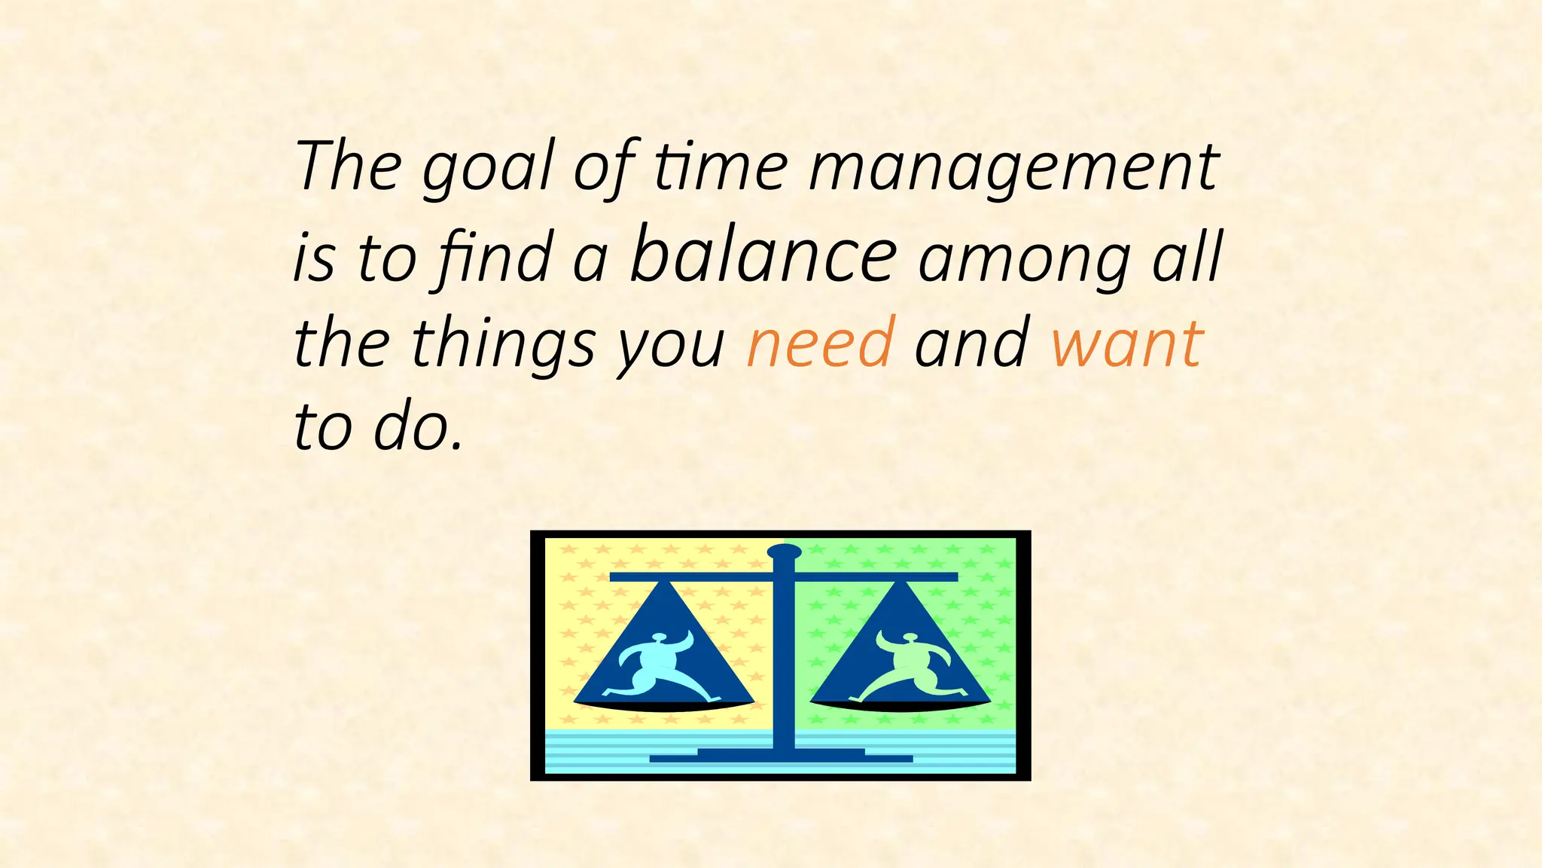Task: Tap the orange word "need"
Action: tap(821, 343)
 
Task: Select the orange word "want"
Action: tap(1127, 343)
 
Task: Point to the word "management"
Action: tap(1013, 167)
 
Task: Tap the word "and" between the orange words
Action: tap(971, 343)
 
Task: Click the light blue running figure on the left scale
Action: tap(655, 667)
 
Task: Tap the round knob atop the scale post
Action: tap(784, 552)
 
